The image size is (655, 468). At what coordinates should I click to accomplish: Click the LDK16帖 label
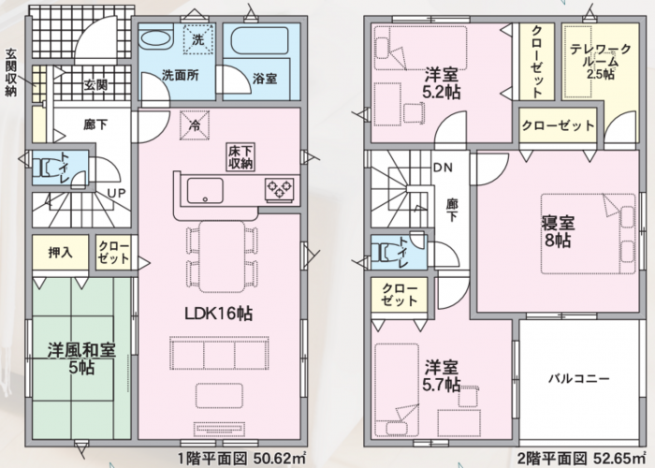pyautogui.click(x=218, y=313)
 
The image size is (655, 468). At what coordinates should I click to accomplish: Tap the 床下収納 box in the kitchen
pyautogui.click(x=241, y=157)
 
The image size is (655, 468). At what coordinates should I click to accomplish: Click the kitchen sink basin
pyautogui.click(x=205, y=191)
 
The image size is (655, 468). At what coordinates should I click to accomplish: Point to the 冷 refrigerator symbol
pyautogui.click(x=195, y=124)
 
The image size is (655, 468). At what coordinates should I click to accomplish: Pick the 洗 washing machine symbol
pyautogui.click(x=198, y=39)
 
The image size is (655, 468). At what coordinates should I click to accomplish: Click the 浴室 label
pyautogui.click(x=265, y=79)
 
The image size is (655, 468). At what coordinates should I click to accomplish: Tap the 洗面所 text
pyautogui.click(x=180, y=76)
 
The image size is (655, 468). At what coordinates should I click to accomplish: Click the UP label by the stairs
pyautogui.click(x=117, y=194)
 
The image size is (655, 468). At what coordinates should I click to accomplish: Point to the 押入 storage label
pyautogui.click(x=61, y=253)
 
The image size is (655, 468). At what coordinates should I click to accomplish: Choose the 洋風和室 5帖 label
pyautogui.click(x=81, y=358)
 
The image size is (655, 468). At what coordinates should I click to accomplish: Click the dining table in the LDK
pyautogui.click(x=222, y=256)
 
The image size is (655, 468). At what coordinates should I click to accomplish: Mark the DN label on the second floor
pyautogui.click(x=443, y=168)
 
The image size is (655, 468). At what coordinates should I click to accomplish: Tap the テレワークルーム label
pyautogui.click(x=601, y=62)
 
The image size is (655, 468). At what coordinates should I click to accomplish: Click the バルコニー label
pyautogui.click(x=579, y=379)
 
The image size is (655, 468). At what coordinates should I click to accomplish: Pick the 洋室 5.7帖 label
pyautogui.click(x=442, y=376)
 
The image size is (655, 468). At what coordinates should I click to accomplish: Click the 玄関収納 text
pyautogui.click(x=11, y=72)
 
